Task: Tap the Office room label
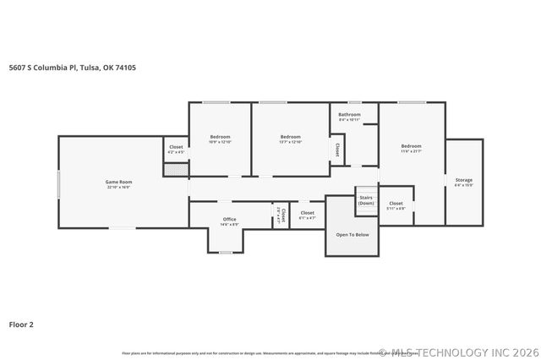point(229,219)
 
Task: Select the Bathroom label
point(349,114)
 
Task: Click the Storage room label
point(463,180)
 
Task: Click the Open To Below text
point(352,234)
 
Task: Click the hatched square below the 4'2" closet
point(175,169)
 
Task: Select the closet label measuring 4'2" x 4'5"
point(176,149)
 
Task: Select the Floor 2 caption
point(21,324)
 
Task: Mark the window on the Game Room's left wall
point(58,182)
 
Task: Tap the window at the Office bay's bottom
point(226,252)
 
